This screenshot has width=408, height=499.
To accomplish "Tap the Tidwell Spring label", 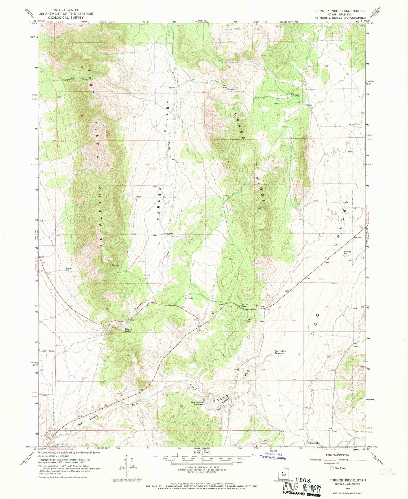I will click(x=128, y=330).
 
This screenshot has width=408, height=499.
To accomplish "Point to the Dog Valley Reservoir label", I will click(x=281, y=352).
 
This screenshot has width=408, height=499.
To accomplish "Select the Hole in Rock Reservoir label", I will click(x=197, y=403).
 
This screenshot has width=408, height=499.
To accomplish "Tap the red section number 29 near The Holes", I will click(x=182, y=357).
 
